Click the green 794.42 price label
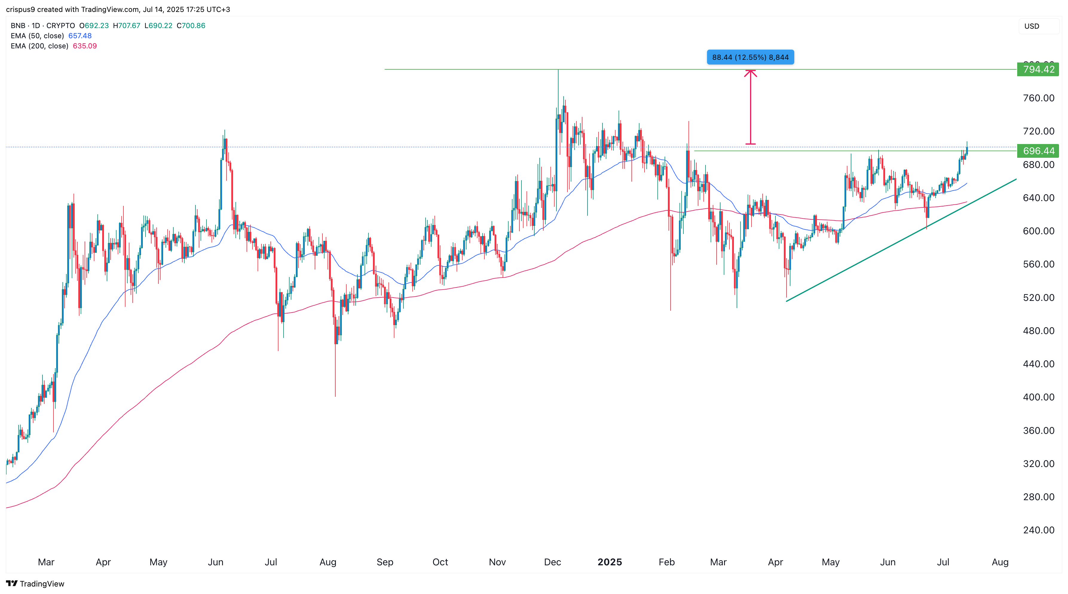[x=1038, y=69]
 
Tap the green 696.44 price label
[x=1038, y=151]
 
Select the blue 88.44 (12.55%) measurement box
[x=750, y=57]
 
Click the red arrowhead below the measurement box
[x=750, y=74]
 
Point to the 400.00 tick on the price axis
[x=1038, y=397]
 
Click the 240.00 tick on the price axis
[x=1038, y=530]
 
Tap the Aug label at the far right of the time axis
[x=1000, y=562]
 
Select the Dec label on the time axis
[x=552, y=562]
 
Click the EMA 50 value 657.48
[x=80, y=36]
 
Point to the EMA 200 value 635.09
[x=85, y=46]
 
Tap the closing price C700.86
[x=191, y=26]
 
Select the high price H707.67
[x=127, y=26]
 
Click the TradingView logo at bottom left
[x=35, y=584]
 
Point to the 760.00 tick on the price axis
[x=1038, y=98]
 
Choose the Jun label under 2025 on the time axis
[x=888, y=562]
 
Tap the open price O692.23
[x=94, y=26]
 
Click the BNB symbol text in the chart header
[x=18, y=26]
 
